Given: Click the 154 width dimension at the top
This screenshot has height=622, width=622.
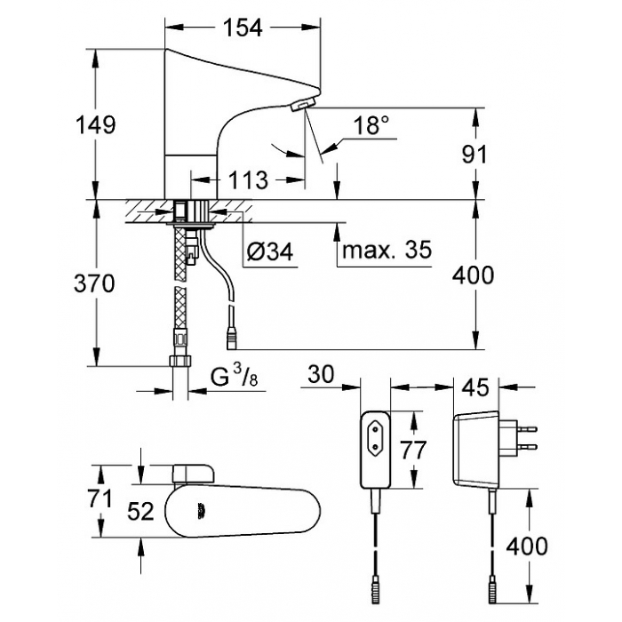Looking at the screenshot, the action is point(243,28).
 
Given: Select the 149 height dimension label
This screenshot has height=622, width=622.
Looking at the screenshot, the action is point(96,124).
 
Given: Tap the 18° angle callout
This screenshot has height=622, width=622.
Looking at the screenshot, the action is point(371,125).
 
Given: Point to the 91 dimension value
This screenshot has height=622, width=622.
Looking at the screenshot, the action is point(474,154).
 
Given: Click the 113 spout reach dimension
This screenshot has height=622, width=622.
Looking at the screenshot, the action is point(248,180).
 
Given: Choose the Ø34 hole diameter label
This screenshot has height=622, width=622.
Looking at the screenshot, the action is point(270,251).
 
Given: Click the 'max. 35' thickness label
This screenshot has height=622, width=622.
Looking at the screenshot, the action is point(387,250).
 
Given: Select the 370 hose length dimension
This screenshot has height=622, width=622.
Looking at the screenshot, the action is point(94,283).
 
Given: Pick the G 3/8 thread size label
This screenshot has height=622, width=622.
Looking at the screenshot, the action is point(234,376).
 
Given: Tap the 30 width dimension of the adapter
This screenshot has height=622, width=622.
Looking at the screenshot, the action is point(322,374).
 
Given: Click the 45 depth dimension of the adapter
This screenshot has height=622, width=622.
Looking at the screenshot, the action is point(476,387).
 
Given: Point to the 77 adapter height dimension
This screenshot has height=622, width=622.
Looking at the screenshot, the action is point(412,450).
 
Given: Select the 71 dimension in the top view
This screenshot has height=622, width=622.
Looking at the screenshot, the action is point(100,498).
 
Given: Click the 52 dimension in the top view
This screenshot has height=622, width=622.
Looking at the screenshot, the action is point(140,511).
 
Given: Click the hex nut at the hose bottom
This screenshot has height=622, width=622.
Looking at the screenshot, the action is point(181,361).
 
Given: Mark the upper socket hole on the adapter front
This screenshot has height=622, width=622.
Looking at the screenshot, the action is point(374,428).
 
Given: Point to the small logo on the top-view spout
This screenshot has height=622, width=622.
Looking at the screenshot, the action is point(201,511).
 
